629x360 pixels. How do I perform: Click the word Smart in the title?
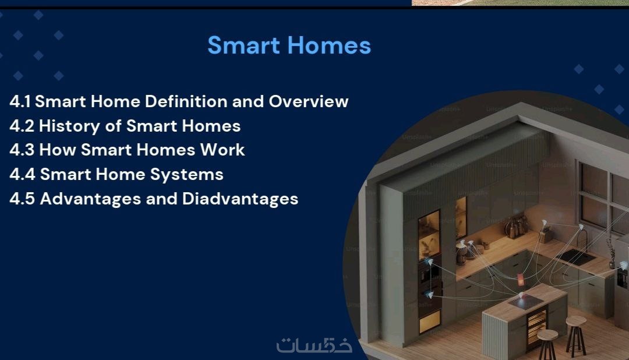coord(243,45)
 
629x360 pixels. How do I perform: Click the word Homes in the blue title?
coord(329,45)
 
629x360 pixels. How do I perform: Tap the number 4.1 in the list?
coord(20,101)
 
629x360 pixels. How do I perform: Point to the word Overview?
coord(309,101)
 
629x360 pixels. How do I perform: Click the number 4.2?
coord(22,126)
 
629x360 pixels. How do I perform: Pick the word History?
coord(69,126)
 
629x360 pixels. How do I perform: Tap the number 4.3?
coord(22,150)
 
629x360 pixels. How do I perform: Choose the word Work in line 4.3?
coord(222,150)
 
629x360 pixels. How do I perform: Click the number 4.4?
coord(23,175)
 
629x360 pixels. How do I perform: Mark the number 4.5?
coord(22,199)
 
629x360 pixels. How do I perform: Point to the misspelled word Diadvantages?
coord(241,199)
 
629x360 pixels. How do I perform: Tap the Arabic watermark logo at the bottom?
coord(314,345)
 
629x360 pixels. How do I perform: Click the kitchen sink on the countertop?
coord(576,257)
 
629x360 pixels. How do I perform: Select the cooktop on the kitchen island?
coord(525,302)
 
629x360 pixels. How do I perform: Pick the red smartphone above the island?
coord(521,280)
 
